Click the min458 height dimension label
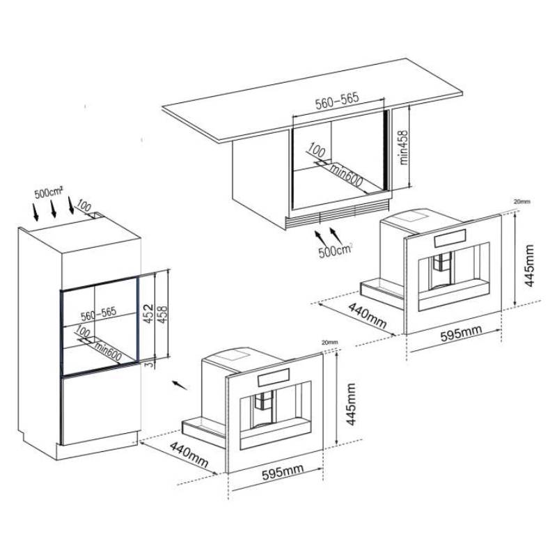[x=405, y=148]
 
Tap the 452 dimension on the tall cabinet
[x=149, y=313]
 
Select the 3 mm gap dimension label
[x=150, y=363]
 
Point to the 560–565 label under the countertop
[x=337, y=101]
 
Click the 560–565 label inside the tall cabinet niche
[x=98, y=314]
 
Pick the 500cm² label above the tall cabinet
[x=49, y=193]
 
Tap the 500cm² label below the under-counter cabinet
[x=336, y=250]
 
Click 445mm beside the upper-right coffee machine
[x=529, y=265]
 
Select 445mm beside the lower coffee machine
[x=351, y=404]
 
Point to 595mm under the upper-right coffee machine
[x=461, y=333]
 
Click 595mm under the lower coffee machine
[x=283, y=472]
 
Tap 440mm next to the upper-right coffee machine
[x=367, y=315]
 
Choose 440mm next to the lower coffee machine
[x=189, y=455]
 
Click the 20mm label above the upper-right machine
[x=521, y=201]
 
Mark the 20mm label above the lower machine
[x=329, y=343]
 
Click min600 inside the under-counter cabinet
[x=346, y=175]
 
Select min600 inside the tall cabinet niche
[x=108, y=352]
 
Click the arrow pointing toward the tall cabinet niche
[x=180, y=385]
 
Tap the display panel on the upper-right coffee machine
[x=449, y=237]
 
